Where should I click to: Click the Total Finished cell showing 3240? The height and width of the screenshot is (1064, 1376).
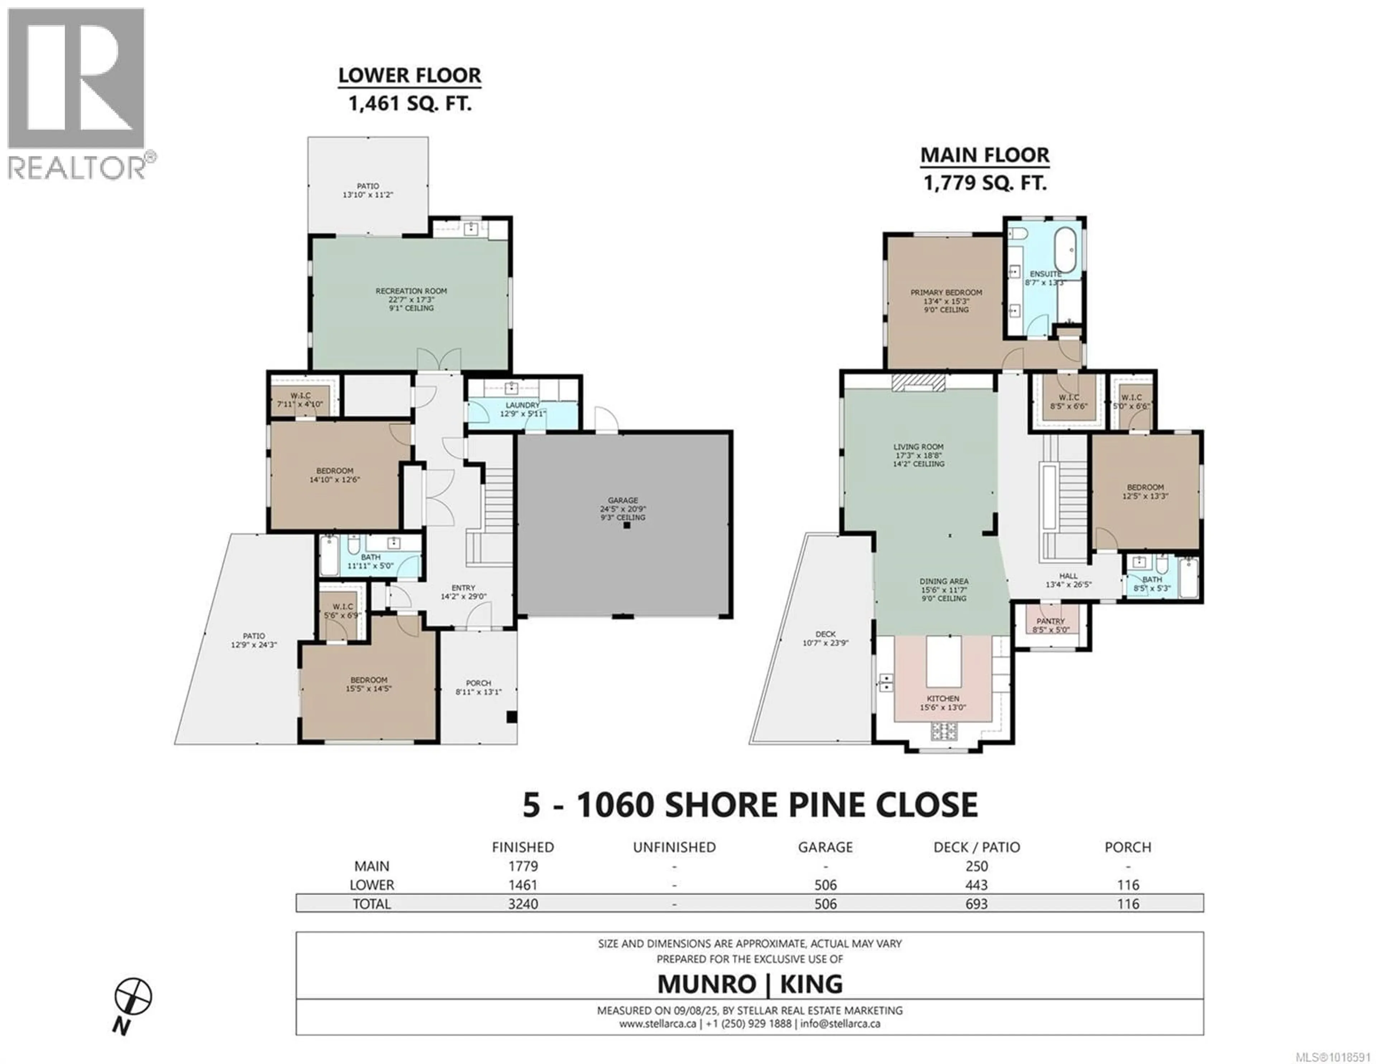(523, 904)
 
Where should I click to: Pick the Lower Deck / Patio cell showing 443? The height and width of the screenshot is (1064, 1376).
(976, 885)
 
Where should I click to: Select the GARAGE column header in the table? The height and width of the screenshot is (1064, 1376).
(825, 847)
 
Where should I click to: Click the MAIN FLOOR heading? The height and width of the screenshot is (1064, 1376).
(985, 155)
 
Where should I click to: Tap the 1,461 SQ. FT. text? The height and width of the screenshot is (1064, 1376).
(410, 103)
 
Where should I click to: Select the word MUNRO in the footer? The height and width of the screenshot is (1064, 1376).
(706, 984)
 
